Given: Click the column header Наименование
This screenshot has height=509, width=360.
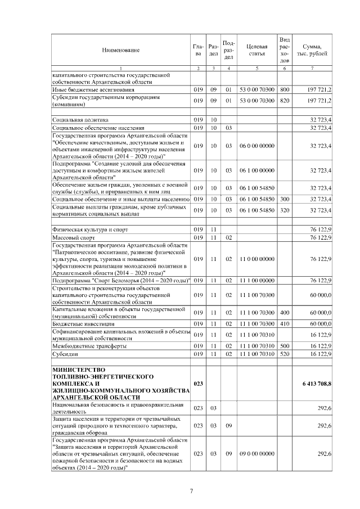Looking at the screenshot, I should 120,50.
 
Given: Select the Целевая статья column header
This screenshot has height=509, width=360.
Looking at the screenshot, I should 256,49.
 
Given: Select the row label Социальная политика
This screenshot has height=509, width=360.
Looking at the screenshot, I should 80,120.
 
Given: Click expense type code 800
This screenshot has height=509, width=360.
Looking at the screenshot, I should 284,89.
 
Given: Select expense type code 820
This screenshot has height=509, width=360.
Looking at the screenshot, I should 284,100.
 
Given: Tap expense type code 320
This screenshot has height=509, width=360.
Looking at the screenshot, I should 284,210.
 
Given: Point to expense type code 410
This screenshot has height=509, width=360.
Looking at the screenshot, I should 284,325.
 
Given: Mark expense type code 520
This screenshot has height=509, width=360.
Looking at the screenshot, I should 284,354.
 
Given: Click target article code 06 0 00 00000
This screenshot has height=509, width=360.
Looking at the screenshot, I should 256,146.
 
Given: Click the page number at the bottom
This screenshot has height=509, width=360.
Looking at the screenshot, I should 191,491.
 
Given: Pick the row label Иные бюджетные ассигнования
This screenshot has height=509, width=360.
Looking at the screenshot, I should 93,89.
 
